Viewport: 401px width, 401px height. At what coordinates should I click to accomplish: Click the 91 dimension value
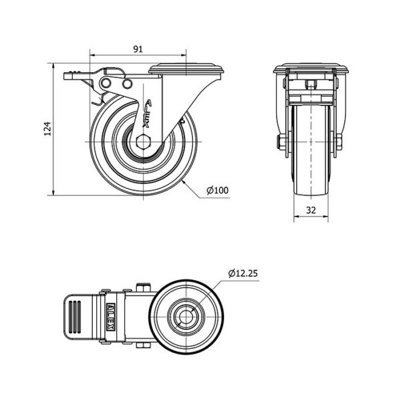138,49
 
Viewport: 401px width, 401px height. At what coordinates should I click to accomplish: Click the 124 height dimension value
47,128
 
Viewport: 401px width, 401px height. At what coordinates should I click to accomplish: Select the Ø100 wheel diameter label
217,190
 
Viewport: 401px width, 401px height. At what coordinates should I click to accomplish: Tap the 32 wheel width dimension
311,210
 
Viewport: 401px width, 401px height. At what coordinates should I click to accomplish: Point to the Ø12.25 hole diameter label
243,273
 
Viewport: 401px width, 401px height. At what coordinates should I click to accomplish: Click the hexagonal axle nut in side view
144,142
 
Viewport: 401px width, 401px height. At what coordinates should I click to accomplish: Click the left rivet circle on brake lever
106,83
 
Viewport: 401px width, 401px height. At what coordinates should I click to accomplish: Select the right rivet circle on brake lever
127,84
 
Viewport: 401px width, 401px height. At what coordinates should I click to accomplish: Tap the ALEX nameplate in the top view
111,317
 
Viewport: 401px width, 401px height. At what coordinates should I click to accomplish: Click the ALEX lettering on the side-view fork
147,114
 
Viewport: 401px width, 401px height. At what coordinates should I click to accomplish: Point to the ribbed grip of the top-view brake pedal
75,317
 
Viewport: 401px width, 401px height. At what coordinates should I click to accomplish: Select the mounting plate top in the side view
186,69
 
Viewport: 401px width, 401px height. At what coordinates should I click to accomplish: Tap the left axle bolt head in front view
279,142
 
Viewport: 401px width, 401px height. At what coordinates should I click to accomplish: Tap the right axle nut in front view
340,142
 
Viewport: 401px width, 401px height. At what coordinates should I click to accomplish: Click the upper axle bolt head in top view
143,287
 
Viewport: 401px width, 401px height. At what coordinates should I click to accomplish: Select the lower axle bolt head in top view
143,346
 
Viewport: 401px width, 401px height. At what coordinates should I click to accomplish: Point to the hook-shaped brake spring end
98,100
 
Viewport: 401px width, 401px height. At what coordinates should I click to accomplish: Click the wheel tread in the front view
311,150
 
